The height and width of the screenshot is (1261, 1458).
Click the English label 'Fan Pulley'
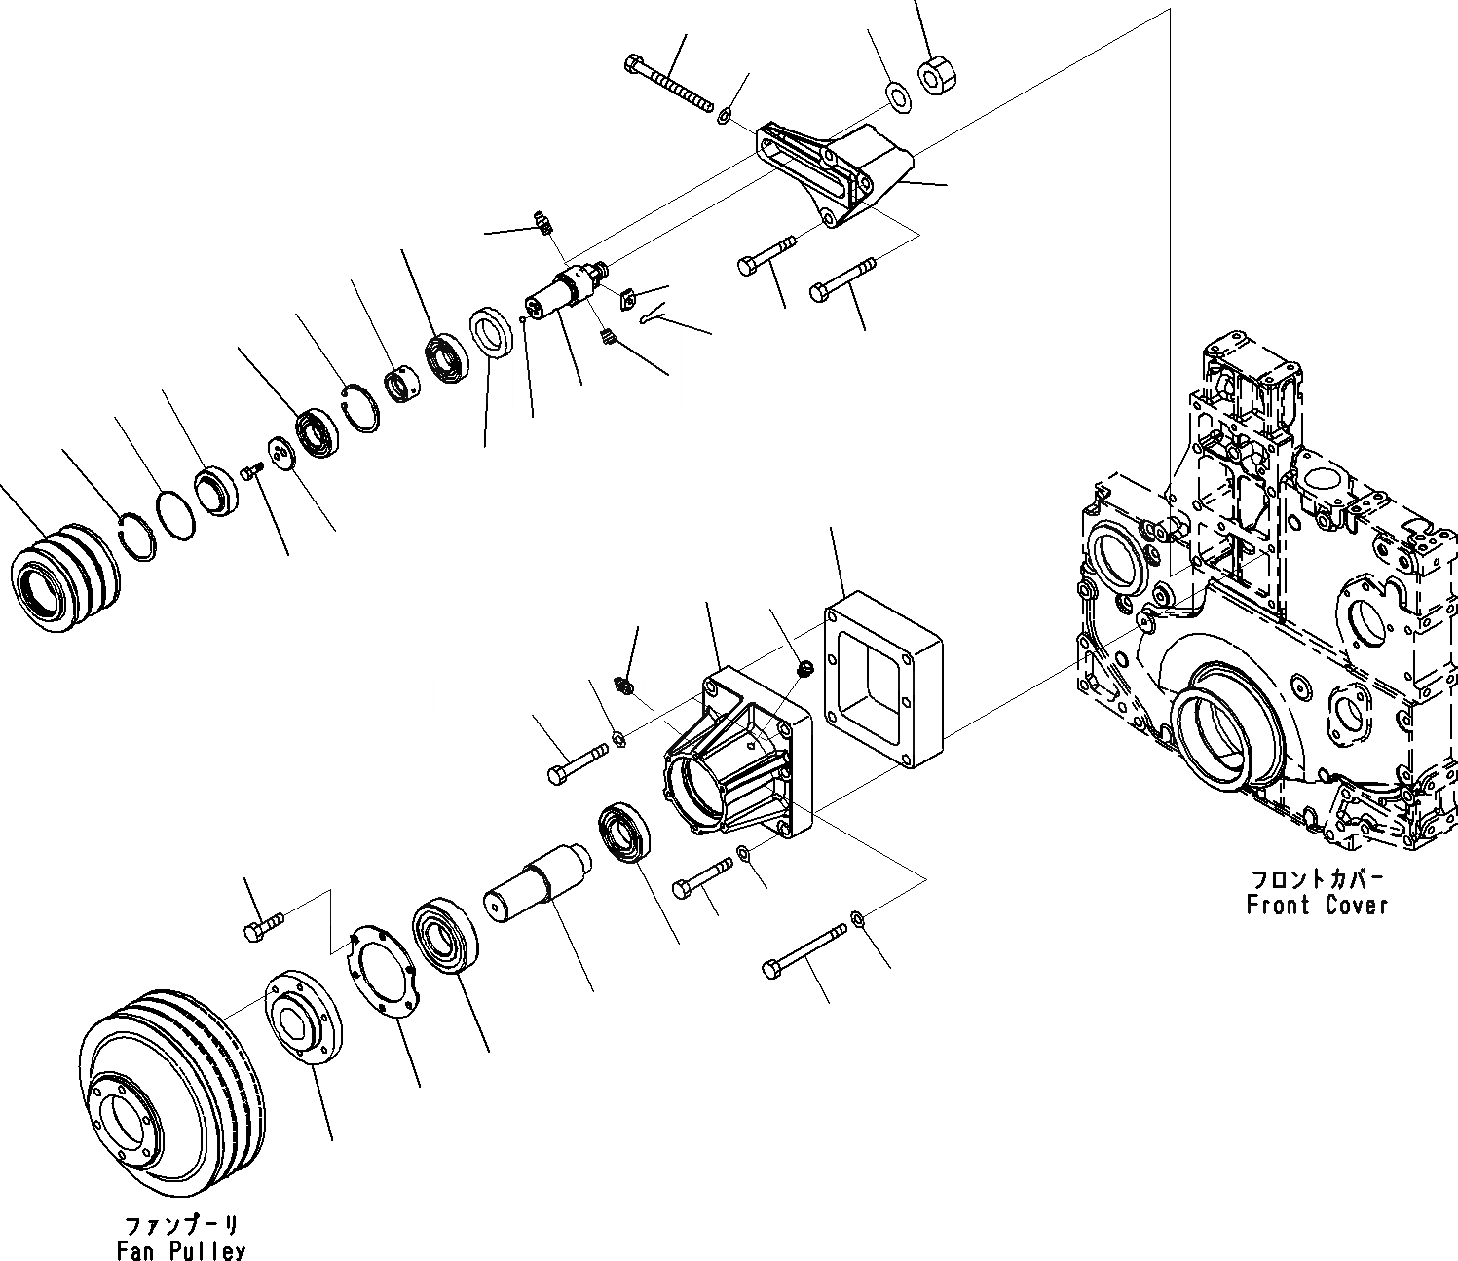click(180, 1250)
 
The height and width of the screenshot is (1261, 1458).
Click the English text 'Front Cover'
click(1317, 906)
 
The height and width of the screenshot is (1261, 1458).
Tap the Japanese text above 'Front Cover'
click(1317, 879)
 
